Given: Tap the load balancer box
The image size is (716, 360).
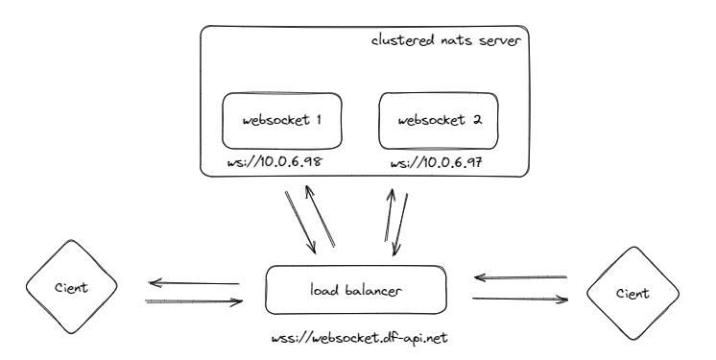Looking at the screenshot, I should click(x=356, y=289).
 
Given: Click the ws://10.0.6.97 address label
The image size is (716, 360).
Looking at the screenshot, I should click(x=437, y=164).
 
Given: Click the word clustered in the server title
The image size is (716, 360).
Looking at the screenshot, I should click(x=402, y=43).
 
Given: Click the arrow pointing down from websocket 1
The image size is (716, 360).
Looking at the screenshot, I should click(x=300, y=222).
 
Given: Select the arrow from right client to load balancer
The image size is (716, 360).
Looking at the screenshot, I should click(x=520, y=278).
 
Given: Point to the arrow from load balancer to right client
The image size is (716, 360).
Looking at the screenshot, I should click(x=520, y=299).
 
